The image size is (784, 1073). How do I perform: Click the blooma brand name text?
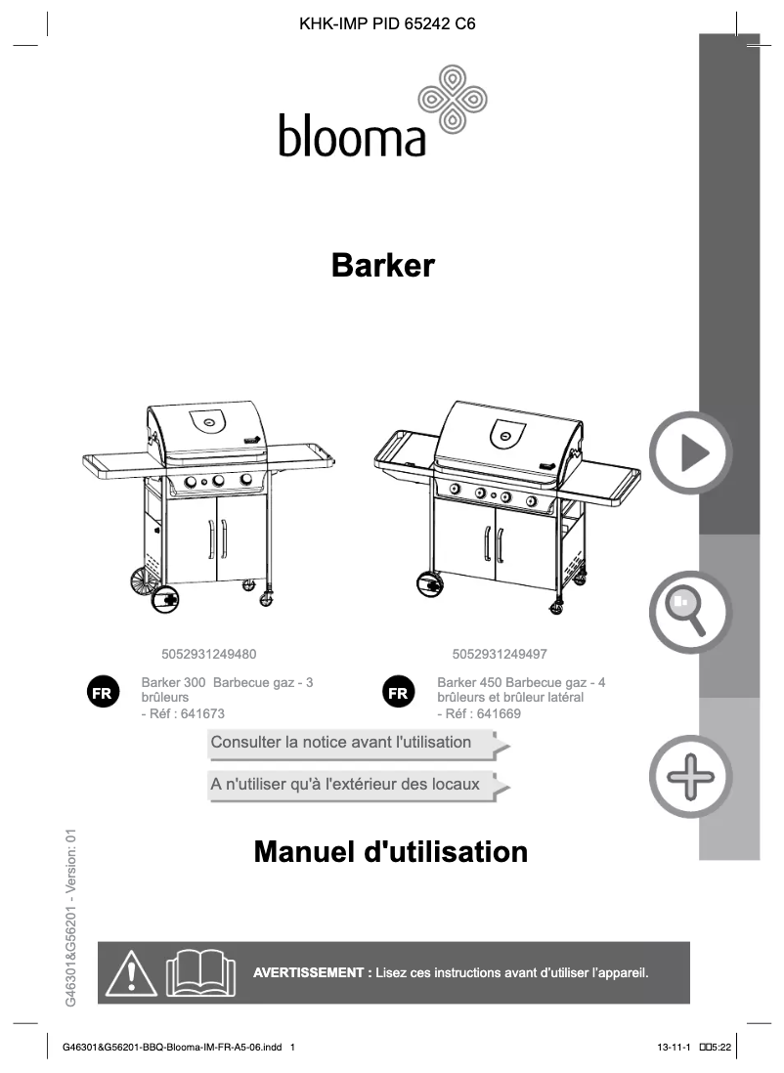coord(352,137)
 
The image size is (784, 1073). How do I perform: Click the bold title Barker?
coord(383,265)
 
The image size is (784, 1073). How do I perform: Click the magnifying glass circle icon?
coord(690,612)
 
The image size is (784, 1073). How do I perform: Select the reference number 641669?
coord(499,714)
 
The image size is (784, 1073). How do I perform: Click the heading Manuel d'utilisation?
coord(390,852)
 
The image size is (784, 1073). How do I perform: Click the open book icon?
coord(200,973)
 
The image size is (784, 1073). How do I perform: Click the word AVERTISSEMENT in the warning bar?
coord(309,973)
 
